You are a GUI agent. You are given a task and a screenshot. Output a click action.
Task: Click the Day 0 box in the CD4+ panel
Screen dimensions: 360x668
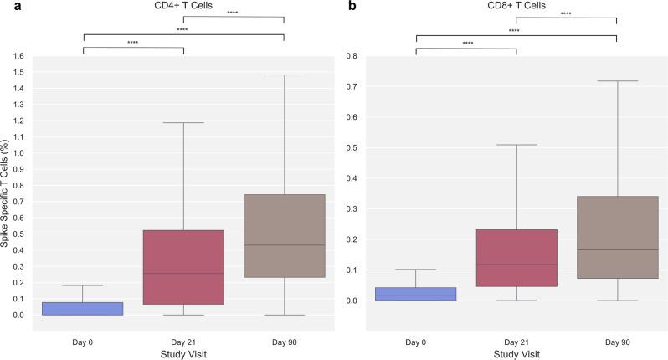click(82, 309)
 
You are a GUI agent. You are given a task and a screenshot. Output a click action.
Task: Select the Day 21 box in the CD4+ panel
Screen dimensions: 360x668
click(183, 267)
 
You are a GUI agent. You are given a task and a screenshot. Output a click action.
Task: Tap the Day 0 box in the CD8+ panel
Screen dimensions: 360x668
click(415, 294)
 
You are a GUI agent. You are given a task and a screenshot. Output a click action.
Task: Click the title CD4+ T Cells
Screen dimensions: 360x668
click(183, 6)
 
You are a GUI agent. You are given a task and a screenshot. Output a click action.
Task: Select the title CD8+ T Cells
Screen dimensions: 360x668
click(516, 6)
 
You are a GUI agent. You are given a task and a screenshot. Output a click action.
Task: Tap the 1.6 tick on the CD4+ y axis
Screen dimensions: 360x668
click(18, 56)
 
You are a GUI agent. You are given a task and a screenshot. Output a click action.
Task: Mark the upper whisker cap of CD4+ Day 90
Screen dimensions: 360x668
click(284, 75)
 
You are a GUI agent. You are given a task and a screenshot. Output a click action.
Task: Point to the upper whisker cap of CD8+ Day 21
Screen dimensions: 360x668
click(516, 145)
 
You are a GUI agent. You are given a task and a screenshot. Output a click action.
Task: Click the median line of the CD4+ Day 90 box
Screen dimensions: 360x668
click(284, 245)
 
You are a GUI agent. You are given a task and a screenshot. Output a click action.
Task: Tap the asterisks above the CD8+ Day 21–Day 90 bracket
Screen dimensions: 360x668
click(566, 13)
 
